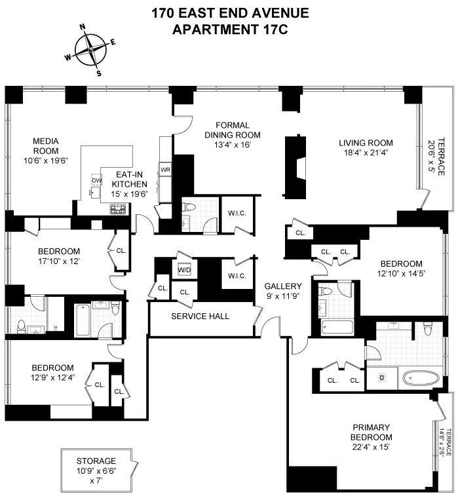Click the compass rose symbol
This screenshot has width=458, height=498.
[91, 49]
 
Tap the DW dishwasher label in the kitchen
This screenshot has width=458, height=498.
[96, 181]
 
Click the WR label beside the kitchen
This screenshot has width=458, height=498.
[166, 170]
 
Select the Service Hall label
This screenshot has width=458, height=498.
[200, 316]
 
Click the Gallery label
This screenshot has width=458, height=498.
[283, 286]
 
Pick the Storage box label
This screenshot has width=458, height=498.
[96, 461]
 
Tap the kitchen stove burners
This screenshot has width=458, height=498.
[118, 210]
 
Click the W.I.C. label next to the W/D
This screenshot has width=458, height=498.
[237, 276]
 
